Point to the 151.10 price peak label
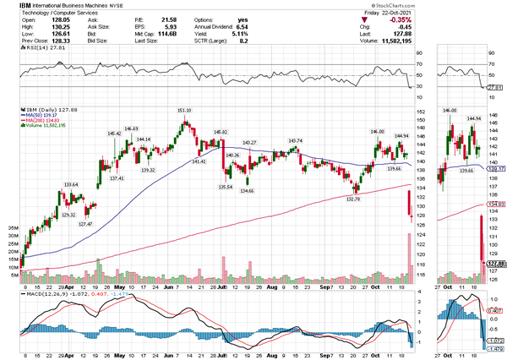(x=183, y=111)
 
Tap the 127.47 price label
(x=85, y=224)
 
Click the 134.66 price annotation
(x=247, y=191)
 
